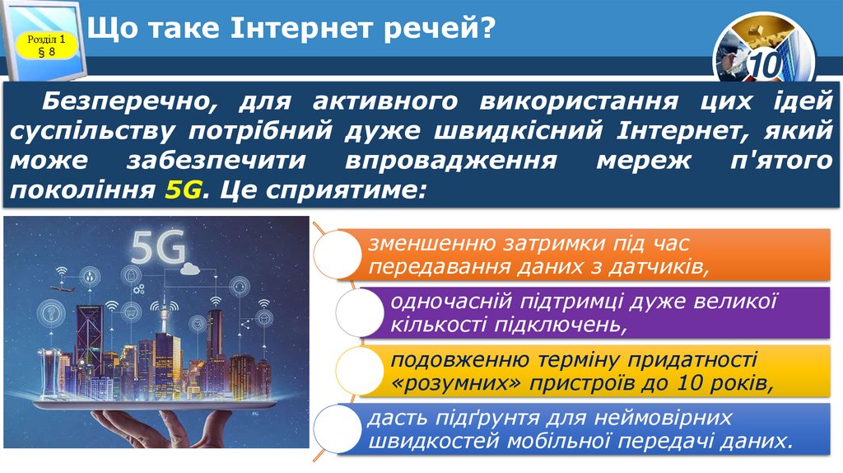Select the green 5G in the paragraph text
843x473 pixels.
183,190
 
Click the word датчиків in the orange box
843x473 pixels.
667,266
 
